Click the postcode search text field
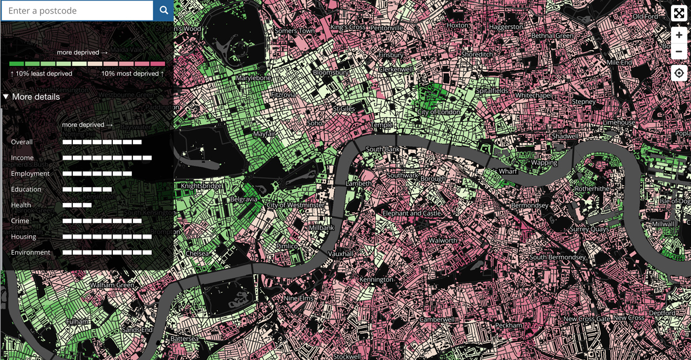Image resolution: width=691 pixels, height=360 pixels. point(77,11)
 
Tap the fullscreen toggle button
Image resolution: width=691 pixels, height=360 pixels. point(679,13)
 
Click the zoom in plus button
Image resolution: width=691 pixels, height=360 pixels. point(679,35)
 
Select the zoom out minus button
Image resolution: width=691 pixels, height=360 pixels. point(679,52)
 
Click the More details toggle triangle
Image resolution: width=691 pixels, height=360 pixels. point(6,97)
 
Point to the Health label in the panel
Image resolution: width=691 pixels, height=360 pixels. point(21,205)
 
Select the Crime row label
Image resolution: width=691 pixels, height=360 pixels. point(20,221)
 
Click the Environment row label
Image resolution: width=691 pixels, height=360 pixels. point(30,252)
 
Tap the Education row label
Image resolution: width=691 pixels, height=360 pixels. point(26,189)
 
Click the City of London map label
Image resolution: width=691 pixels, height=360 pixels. point(439,112)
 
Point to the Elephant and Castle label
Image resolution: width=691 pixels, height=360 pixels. point(411,214)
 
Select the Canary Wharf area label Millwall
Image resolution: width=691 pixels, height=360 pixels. point(662,224)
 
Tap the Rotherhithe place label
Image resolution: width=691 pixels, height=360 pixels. point(592,189)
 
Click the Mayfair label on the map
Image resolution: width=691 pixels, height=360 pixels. point(264,134)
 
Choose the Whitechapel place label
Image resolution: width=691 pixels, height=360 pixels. point(533,96)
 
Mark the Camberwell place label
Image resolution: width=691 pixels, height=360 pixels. point(438,320)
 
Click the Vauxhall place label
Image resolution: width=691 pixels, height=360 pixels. point(340,254)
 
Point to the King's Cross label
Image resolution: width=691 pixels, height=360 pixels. point(348,27)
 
